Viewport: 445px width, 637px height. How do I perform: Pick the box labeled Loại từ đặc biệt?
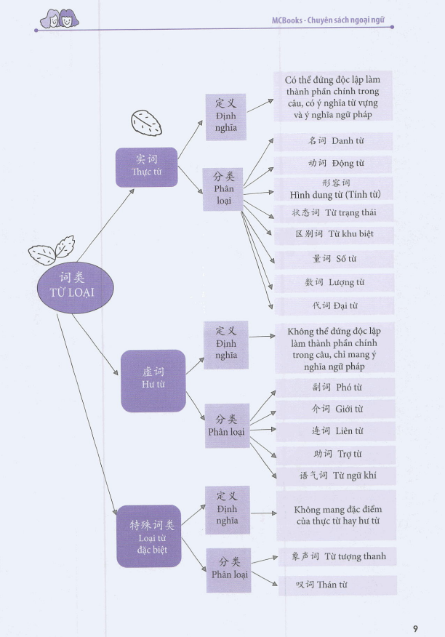pos(148,536)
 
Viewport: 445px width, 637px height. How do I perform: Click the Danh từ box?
pos(335,140)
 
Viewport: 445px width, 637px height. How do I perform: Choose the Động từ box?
pos(335,164)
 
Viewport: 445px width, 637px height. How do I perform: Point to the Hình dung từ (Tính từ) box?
pos(335,188)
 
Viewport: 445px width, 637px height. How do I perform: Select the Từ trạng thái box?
pos(335,212)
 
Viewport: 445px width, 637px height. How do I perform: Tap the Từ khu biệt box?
pos(335,235)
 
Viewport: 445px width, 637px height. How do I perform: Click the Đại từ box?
pos(335,305)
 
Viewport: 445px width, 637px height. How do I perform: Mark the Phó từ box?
pos(335,387)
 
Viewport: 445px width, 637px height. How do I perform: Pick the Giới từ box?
pos(335,409)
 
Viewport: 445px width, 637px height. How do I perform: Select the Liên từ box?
pos(335,431)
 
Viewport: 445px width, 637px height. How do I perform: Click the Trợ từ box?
pos(335,454)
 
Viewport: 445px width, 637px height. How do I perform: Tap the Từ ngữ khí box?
pos(335,476)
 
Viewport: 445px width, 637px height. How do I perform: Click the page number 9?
pos(415,608)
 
